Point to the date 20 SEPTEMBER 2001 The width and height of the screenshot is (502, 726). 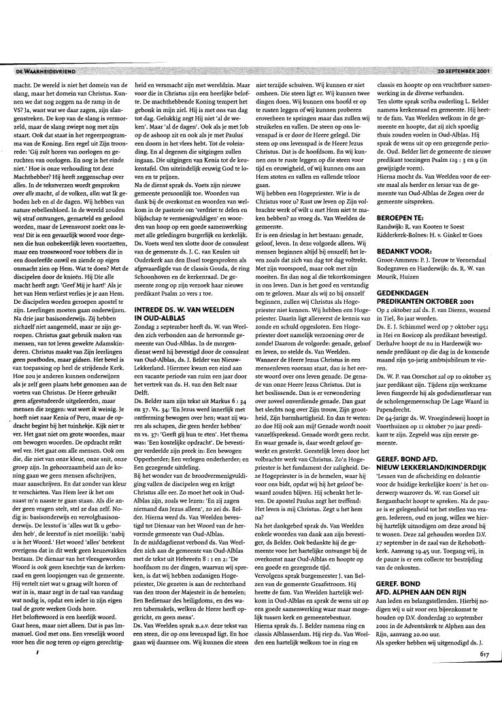[x=463, y=70]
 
